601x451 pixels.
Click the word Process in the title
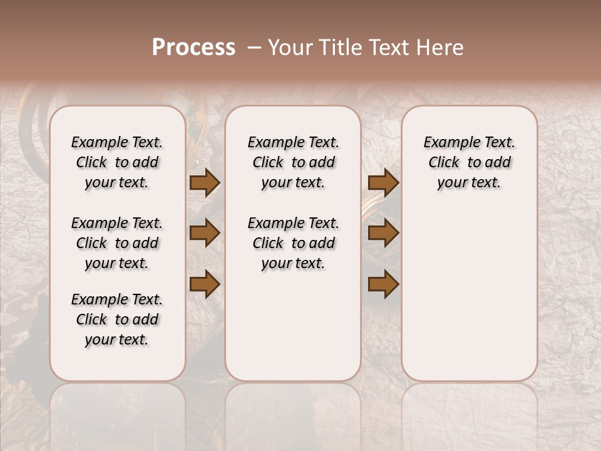tap(193, 48)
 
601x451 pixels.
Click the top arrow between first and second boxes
tap(205, 182)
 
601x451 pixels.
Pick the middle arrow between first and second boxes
tap(205, 233)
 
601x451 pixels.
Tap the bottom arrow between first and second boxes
tap(205, 284)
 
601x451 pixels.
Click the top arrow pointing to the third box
tap(383, 182)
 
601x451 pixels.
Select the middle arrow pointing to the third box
tap(383, 233)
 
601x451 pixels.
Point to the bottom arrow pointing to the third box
tap(383, 284)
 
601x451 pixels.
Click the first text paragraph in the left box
tap(117, 162)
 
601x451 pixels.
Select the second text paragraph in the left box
tap(117, 243)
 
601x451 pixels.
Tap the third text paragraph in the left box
tap(117, 319)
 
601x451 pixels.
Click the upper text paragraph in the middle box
tap(293, 162)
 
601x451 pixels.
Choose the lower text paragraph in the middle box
tap(293, 243)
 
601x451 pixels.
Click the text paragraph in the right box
tap(469, 162)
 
